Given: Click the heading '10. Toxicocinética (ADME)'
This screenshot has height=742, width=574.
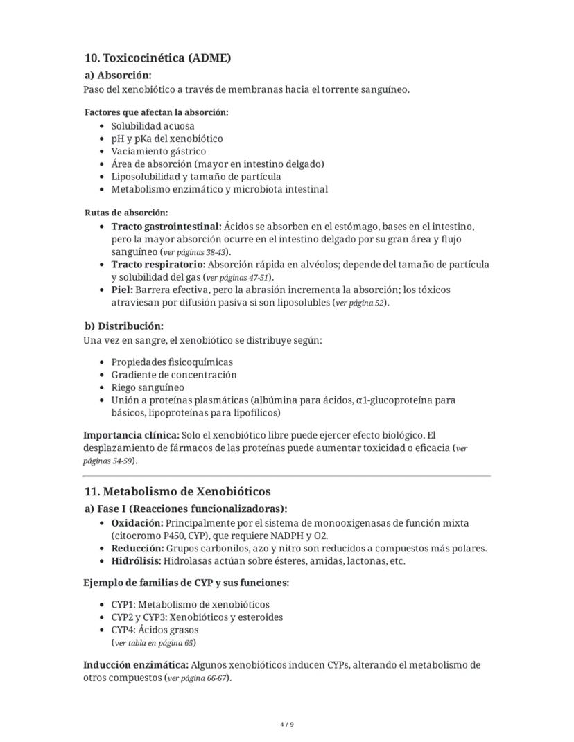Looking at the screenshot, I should click(157, 58).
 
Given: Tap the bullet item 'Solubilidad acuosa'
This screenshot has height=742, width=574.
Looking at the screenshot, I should click(153, 126).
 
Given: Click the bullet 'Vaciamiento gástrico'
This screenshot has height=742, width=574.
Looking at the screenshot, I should click(158, 151).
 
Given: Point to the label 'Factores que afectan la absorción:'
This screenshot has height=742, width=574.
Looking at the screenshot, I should click(156, 112).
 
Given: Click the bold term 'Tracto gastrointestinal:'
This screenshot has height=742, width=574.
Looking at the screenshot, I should click(166, 227).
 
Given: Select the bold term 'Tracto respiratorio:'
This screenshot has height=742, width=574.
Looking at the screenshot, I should click(158, 265).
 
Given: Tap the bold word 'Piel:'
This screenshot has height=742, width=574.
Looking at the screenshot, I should click(122, 290).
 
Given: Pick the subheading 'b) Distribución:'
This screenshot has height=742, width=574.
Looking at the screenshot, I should click(123, 326).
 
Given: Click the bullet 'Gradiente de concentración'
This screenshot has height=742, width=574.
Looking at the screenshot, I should click(173, 375).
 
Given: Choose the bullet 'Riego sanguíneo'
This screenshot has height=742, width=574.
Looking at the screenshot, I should click(148, 387).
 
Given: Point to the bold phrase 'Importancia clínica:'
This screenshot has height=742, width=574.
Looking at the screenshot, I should click(130, 435).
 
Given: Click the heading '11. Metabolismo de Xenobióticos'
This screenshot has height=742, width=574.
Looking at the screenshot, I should click(177, 492).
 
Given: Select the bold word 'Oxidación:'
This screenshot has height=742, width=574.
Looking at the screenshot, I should click(137, 523).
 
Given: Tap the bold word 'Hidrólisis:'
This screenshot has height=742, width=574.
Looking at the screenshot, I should click(137, 561).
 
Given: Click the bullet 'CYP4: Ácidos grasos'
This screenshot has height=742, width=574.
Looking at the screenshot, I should click(155, 630).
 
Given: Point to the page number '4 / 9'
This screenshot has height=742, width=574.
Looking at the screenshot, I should click(287, 725).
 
